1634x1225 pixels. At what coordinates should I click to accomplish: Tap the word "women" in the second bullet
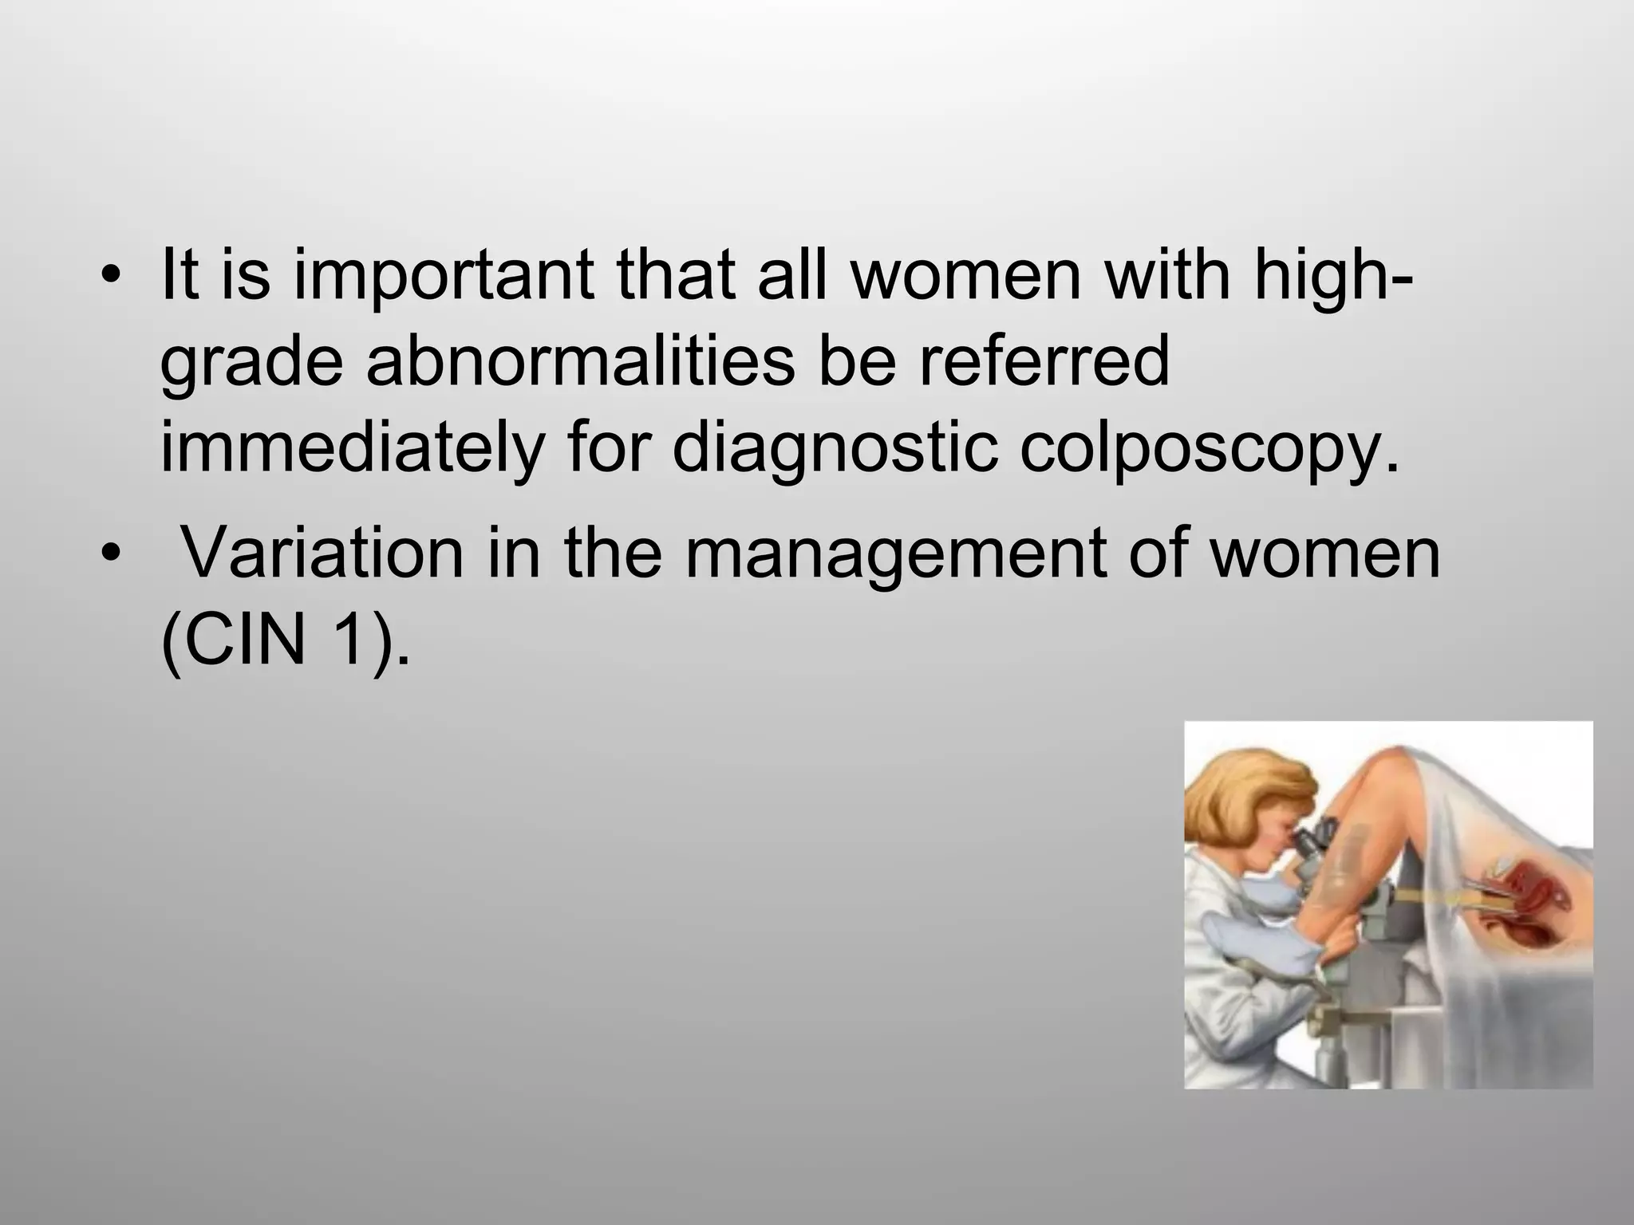(1324, 553)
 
